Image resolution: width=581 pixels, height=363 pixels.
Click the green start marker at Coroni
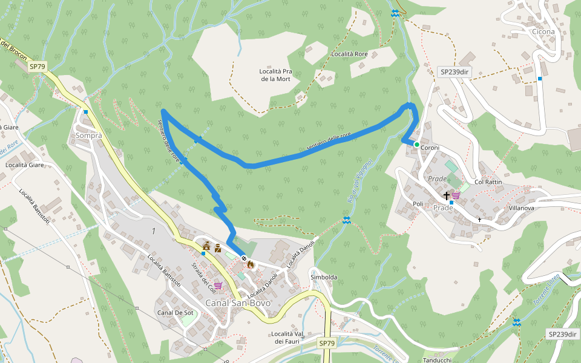point(416,144)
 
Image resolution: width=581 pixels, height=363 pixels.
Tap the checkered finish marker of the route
point(245,259)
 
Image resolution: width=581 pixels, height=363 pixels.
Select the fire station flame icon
point(251,264)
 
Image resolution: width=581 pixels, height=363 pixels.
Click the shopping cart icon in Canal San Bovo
point(217,285)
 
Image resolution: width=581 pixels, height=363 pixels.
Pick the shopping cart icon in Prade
point(456,195)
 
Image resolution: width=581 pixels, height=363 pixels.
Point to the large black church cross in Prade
point(447,195)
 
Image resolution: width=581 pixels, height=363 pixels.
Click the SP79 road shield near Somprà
point(37,66)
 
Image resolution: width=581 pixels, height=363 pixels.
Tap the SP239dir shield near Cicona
point(455,72)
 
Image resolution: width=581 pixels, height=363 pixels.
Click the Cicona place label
point(543,31)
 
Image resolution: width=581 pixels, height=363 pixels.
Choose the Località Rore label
point(349,54)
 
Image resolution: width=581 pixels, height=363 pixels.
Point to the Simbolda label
point(323,277)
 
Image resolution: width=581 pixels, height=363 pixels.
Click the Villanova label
point(521,208)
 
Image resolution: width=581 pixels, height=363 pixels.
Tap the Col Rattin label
point(488,182)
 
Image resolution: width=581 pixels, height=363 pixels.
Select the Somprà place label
point(89,136)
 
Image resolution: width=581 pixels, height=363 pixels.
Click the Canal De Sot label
point(175,313)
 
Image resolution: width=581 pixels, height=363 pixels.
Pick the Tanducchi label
point(436,359)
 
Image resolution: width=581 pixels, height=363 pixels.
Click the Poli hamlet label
point(418,204)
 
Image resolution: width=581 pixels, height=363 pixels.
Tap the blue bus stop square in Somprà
point(87,111)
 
